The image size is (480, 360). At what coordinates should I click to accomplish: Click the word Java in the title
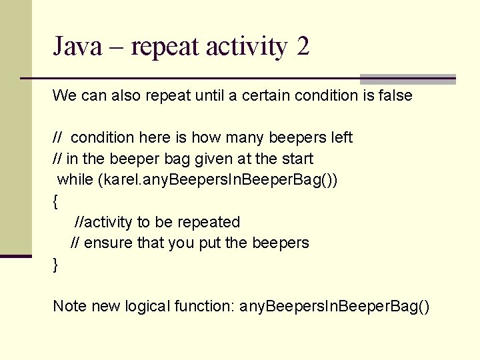[76, 47]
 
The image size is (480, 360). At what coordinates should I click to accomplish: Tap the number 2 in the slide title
[303, 47]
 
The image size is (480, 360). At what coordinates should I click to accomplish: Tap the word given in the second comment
[207, 159]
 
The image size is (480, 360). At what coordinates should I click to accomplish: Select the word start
[297, 159]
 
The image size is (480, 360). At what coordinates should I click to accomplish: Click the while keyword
[75, 180]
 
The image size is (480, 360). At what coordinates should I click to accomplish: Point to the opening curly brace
[55, 201]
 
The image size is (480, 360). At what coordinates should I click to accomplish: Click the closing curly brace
[55, 265]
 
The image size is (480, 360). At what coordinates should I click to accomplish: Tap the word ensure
[109, 243]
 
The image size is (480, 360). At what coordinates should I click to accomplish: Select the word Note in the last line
[69, 307]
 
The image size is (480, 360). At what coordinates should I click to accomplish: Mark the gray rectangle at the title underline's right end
[408, 79]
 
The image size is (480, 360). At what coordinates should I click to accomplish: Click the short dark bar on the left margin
[16, 255]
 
